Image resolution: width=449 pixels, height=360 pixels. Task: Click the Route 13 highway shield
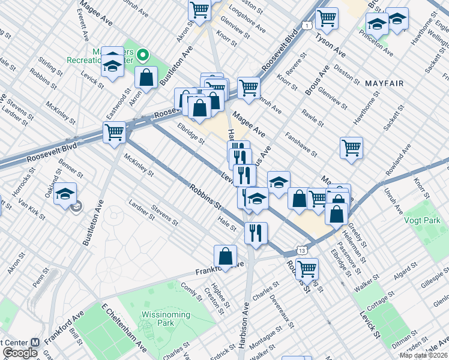301,249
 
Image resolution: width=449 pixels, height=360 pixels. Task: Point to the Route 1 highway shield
306,25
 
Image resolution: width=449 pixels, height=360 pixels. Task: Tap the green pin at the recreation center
143,56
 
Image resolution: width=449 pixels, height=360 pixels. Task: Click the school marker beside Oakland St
65,194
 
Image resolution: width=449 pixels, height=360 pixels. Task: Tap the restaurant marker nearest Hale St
256,232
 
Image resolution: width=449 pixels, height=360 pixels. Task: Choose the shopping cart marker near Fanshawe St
351,147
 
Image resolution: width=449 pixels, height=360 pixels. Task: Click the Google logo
20,353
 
